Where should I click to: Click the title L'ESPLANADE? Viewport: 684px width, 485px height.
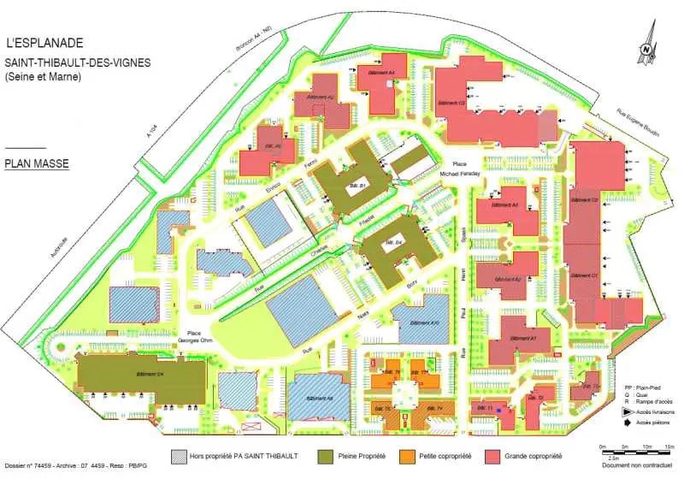(x=44, y=41)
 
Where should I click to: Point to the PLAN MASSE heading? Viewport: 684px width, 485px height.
(x=36, y=162)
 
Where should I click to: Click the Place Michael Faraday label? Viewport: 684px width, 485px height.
(x=460, y=169)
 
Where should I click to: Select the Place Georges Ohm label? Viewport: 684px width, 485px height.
(x=192, y=338)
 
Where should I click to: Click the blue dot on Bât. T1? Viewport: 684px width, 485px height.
(x=499, y=410)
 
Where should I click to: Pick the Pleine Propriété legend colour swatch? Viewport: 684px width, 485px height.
(x=326, y=457)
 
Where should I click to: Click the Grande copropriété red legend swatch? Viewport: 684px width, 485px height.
(x=493, y=457)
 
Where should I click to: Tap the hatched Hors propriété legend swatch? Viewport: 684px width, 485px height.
(x=179, y=457)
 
